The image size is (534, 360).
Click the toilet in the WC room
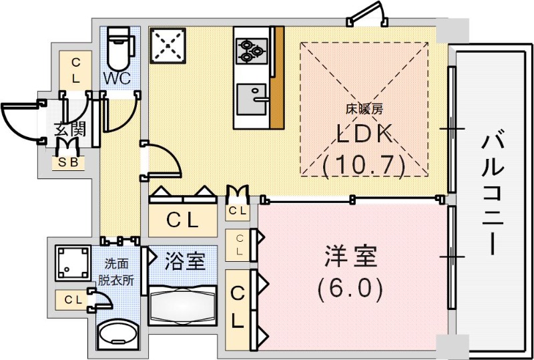(119, 45)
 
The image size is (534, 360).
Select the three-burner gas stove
(251, 49)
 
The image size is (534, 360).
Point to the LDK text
(363, 134)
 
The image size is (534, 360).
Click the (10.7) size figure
(364, 164)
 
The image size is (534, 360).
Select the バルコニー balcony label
(493, 194)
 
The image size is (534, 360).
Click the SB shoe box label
(69, 162)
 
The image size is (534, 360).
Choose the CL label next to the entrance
(75, 70)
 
